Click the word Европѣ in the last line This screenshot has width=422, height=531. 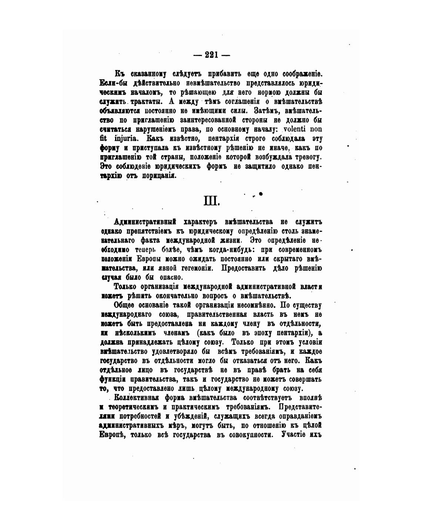(110, 435)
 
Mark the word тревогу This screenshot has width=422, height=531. (307, 157)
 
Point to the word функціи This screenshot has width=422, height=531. (113, 379)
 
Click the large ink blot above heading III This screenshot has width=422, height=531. (261, 193)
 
